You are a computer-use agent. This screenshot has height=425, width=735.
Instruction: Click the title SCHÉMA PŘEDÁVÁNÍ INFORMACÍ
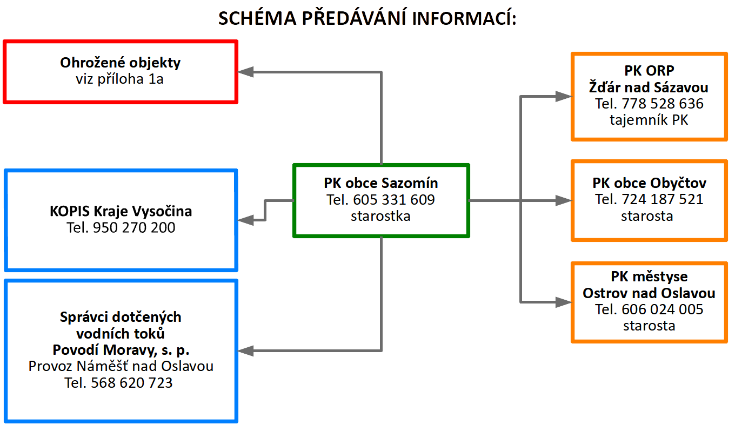point(367,18)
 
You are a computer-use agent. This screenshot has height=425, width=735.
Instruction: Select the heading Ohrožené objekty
point(121,63)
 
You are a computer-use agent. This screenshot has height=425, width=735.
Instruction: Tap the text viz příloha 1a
point(121,79)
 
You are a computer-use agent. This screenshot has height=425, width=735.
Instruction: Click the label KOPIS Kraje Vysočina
point(121,211)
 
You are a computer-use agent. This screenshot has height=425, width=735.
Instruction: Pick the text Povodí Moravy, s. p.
point(121,349)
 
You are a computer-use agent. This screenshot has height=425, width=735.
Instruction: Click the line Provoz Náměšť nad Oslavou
point(121,366)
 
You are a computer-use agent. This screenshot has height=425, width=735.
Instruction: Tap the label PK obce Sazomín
point(380,183)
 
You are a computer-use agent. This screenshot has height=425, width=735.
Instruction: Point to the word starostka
point(380,217)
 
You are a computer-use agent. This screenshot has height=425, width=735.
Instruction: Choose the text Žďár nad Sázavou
point(649,87)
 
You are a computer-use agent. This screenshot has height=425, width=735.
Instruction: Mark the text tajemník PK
point(649,120)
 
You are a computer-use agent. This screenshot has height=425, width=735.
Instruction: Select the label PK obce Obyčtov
point(649,183)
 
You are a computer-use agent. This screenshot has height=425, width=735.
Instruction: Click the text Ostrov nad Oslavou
point(649,293)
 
